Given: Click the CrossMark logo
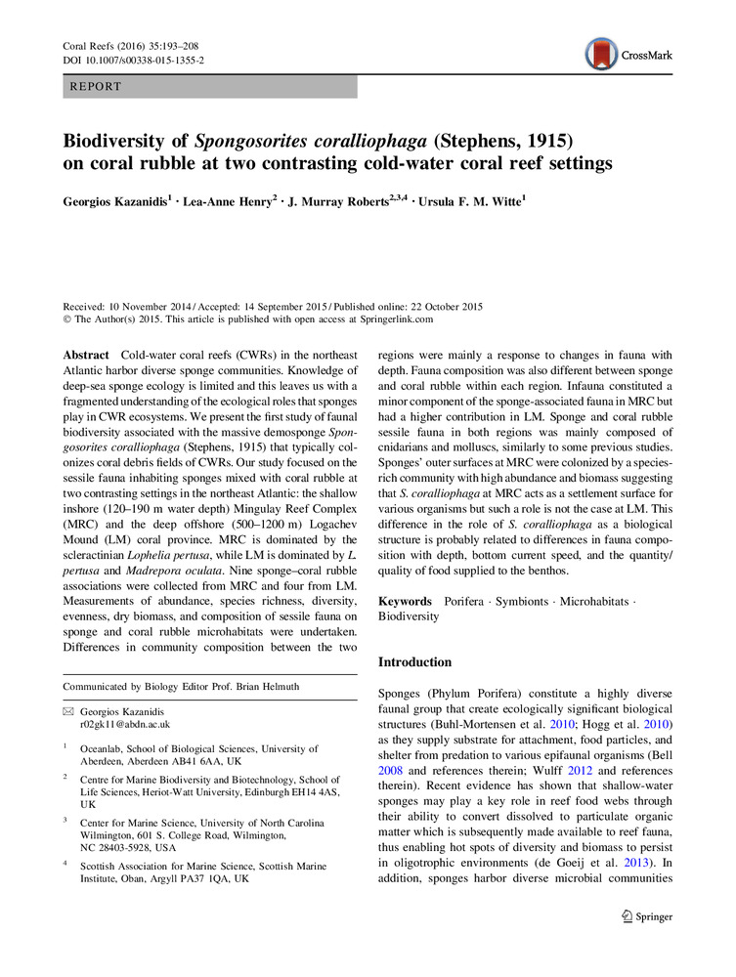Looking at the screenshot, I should pos(629,55).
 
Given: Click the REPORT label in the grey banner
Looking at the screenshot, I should pos(96,87).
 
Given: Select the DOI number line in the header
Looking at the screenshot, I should pos(134,61).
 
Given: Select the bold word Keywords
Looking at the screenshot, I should pos(405,601).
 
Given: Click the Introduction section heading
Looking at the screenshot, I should pos(414,662).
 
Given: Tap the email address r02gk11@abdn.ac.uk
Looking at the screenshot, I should pos(124,725).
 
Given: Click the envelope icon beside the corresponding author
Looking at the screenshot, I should pos(67,711).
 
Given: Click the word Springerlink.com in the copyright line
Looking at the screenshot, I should pos(391,319).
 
